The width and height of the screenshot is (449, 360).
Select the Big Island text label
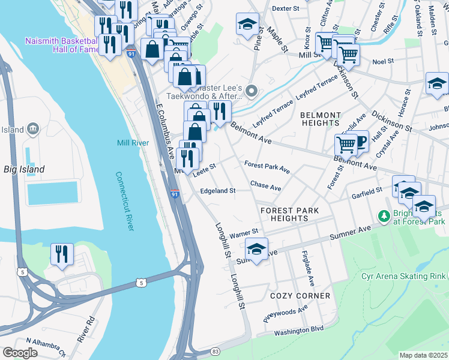(x=23, y=170)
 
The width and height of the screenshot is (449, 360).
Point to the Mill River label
(x=133, y=143)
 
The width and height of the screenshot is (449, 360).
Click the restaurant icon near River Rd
(x=62, y=255)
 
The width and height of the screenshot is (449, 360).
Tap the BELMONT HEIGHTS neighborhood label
(x=321, y=119)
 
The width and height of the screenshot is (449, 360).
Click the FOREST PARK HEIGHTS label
(x=289, y=214)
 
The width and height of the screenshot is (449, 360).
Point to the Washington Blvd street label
(x=299, y=330)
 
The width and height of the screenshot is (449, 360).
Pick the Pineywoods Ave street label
(x=285, y=313)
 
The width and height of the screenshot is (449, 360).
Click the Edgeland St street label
(x=217, y=191)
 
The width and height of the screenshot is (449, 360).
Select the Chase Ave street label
(x=265, y=187)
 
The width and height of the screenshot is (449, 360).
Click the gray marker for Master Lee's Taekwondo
(x=252, y=91)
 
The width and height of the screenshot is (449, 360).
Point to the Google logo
(x=20, y=353)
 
